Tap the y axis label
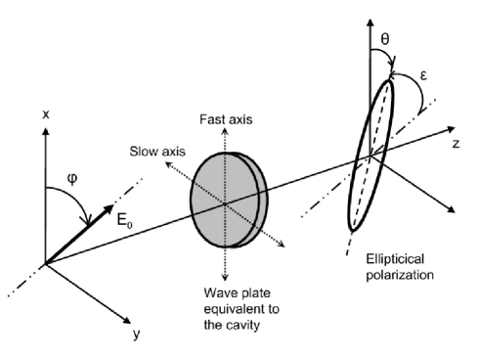point(136,335)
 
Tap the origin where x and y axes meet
point(44,262)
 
